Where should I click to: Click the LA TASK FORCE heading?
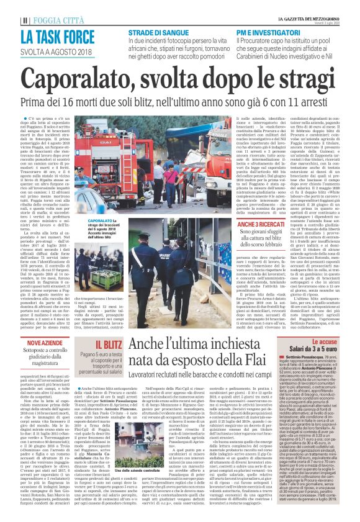[x=54, y=30]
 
